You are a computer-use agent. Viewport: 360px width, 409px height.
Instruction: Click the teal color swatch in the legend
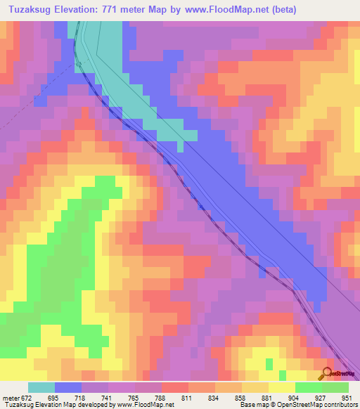pyautogui.click(x=41, y=387)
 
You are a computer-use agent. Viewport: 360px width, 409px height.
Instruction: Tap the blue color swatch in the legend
pyautogui.click(x=67, y=387)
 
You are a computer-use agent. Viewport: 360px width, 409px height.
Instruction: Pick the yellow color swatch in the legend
pyautogui.click(x=281, y=387)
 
